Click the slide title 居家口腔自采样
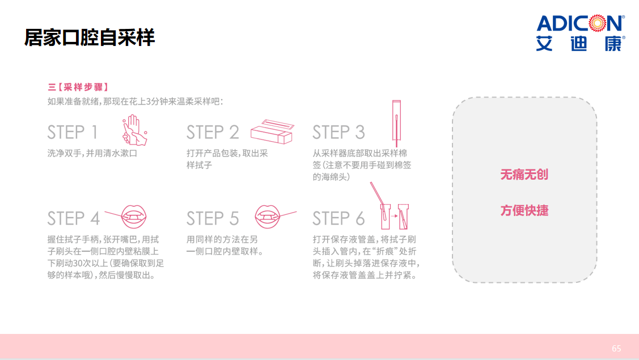(90, 37)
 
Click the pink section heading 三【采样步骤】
(78, 87)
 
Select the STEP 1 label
(73, 132)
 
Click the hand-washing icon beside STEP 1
(134, 130)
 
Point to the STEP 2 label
(213, 132)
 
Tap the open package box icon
(272, 132)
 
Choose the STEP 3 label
(338, 132)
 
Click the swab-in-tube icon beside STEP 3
(396, 123)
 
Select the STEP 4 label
(73, 218)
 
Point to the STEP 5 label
(213, 218)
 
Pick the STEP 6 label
(338, 218)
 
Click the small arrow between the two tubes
(394, 215)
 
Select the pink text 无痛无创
(524, 175)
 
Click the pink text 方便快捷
(524, 210)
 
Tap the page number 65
(616, 349)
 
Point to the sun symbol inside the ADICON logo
(598, 23)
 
